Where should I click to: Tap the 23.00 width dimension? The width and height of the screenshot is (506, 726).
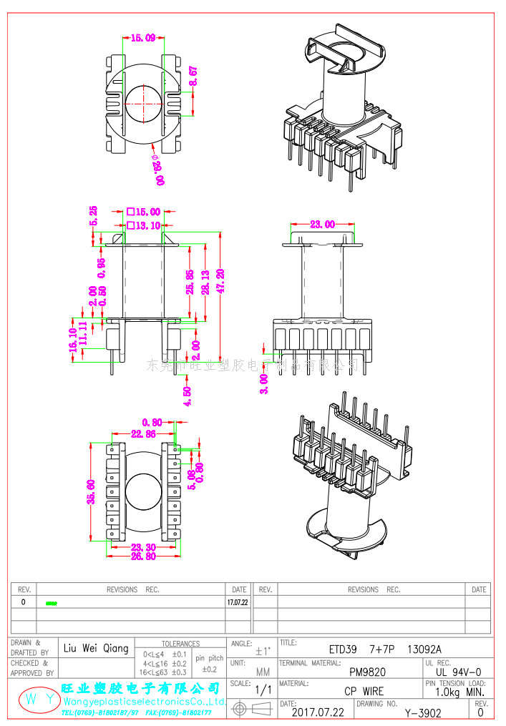pos(322,224)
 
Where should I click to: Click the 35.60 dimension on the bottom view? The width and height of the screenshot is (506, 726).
pos(92,492)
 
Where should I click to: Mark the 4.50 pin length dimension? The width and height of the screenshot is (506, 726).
pos(188,396)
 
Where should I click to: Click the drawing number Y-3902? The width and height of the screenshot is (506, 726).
pos(423,713)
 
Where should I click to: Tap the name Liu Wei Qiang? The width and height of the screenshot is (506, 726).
pos(96,649)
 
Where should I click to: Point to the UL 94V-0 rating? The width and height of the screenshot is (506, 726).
pos(459,672)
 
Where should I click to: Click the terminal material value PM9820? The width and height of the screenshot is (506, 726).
pos(367,672)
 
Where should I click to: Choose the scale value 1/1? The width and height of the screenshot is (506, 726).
pos(263,692)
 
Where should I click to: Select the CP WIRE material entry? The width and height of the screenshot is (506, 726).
pos(364,692)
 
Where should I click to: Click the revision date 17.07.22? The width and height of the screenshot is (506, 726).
pos(238,603)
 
